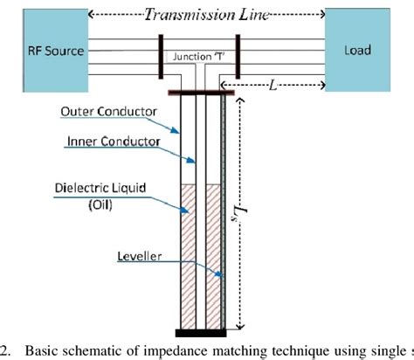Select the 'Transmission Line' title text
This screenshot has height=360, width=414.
coord(208,14)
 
